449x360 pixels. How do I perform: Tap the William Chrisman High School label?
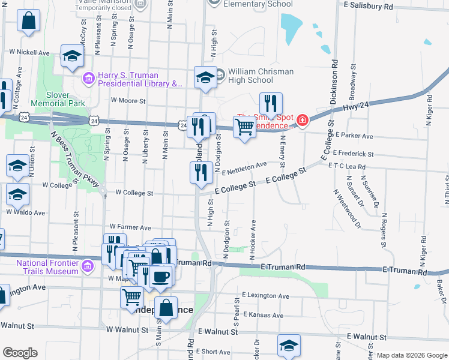260,76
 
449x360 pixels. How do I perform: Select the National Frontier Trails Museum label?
47,267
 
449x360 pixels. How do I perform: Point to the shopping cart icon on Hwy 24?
244,127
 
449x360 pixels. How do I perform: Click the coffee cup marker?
161,277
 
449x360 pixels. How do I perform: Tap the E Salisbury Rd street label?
368,5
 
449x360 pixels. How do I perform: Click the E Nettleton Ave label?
244,168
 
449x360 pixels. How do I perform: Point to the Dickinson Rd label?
334,81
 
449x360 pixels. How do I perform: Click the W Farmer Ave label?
130,227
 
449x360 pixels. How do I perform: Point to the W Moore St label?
128,101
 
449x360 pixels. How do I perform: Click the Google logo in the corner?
20,353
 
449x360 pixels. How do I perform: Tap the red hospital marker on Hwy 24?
302,121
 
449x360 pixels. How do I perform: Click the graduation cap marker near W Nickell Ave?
73,56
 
